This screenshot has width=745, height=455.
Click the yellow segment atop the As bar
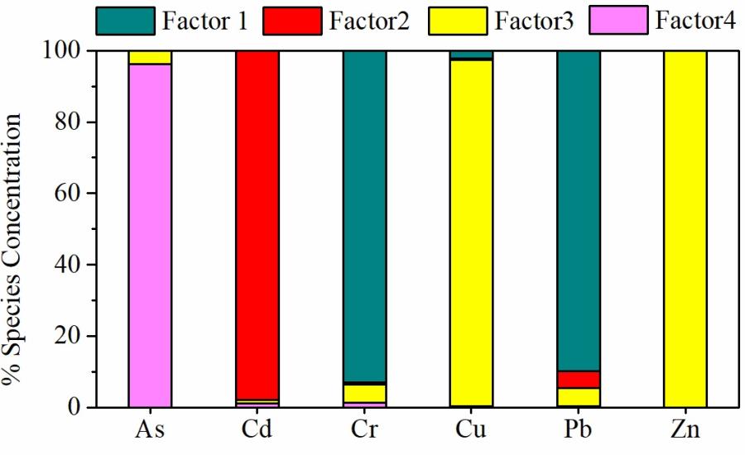(x=150, y=57)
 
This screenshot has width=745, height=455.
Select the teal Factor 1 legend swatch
(x=126, y=21)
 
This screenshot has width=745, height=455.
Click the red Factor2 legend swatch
(x=291, y=21)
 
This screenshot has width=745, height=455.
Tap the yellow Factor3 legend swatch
(x=457, y=21)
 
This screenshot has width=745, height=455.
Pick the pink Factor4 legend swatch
(x=618, y=21)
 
